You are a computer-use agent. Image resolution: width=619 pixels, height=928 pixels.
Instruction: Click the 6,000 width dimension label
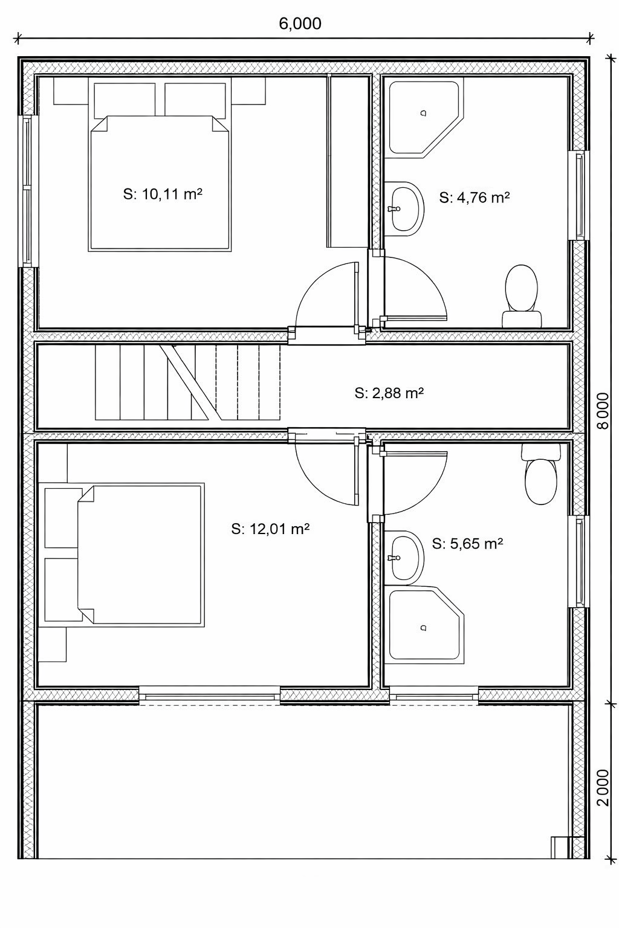[300, 24]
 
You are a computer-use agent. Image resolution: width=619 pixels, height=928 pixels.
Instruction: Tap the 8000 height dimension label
[604, 411]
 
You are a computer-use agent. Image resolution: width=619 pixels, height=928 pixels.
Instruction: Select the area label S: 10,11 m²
[163, 194]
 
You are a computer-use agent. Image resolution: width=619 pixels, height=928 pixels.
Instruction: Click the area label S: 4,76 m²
[475, 198]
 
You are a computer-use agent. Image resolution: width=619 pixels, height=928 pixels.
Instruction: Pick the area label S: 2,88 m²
[389, 393]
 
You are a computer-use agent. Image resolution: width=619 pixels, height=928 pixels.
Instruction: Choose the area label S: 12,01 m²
[270, 529]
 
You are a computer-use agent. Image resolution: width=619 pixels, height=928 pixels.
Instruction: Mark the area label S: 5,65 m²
[467, 544]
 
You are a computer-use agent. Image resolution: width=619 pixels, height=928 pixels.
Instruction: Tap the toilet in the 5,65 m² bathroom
[540, 474]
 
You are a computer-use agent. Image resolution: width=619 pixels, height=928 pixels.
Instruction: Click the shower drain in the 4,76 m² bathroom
[423, 113]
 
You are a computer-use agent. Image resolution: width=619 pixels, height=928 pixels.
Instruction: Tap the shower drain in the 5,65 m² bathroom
[423, 628]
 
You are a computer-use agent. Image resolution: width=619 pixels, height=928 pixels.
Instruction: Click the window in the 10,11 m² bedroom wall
[27, 191]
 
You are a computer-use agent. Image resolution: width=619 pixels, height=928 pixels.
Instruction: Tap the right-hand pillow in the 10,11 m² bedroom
[197, 100]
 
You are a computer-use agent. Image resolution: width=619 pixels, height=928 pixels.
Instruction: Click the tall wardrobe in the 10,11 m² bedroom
[348, 161]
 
